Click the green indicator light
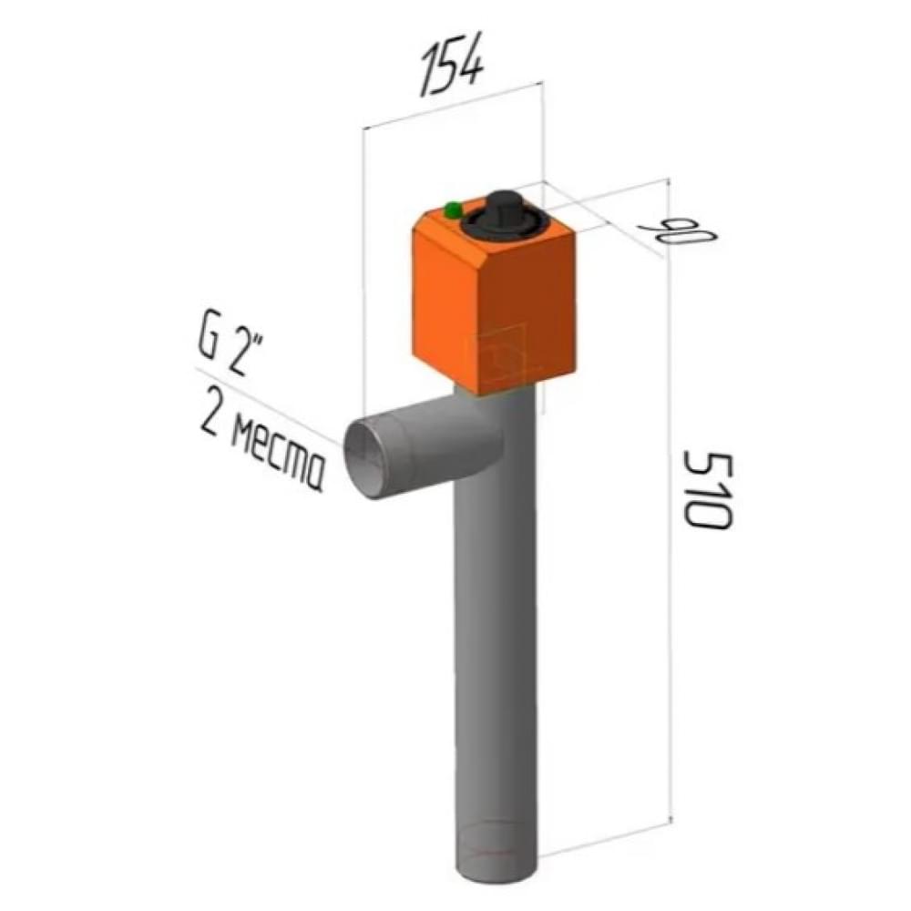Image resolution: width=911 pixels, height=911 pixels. pyautogui.click(x=453, y=210)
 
